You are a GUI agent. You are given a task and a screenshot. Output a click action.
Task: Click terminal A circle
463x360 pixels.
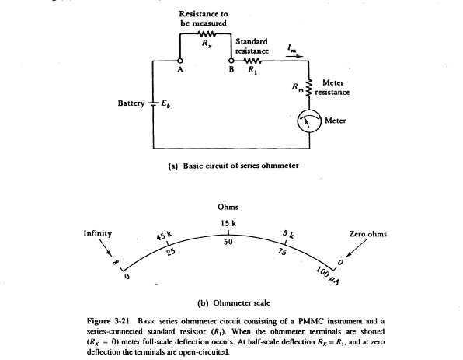point(179,60)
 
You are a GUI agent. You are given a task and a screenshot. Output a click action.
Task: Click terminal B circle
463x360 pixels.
point(231,60)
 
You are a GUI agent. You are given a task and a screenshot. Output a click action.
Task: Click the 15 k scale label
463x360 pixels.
point(228,224)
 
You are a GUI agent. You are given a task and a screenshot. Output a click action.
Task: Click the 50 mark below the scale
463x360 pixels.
point(228,243)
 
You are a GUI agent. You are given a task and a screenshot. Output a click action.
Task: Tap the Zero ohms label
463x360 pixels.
point(367,233)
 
